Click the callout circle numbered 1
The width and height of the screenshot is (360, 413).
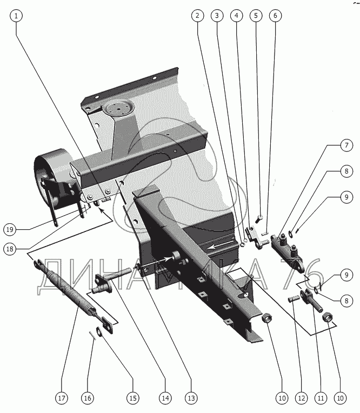(17, 16)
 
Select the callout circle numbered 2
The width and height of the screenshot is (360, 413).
(198, 16)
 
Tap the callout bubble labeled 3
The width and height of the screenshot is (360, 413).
(217, 16)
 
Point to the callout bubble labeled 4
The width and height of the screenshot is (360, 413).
(236, 16)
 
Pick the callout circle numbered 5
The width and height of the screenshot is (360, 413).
(256, 16)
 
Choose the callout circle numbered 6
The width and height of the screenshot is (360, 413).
(275, 16)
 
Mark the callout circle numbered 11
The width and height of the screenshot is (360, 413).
(321, 398)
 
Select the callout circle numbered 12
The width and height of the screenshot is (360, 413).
(301, 398)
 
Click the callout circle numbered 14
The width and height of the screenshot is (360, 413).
(165, 398)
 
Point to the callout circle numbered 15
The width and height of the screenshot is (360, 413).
(132, 398)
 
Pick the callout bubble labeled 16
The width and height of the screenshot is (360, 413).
(88, 398)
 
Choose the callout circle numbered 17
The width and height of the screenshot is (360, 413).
(61, 398)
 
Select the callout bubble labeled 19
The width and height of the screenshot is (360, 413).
(10, 229)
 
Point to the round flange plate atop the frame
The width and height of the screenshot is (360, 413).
(118, 108)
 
